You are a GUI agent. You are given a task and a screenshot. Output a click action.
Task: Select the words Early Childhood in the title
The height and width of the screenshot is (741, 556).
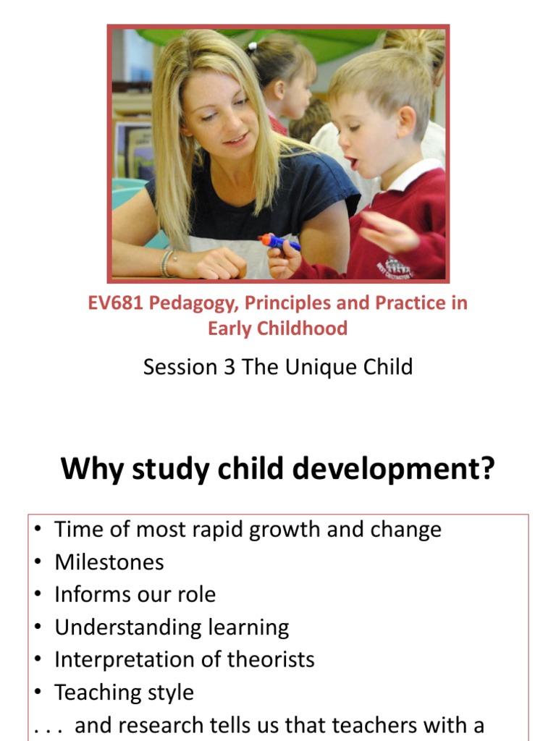(x=277, y=329)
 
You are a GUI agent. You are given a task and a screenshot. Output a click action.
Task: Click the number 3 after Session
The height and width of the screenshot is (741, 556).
(x=229, y=367)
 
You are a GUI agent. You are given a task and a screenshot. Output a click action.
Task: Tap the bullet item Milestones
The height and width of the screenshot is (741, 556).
(x=109, y=562)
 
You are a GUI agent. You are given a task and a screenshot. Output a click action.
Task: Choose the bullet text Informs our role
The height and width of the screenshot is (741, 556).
(x=135, y=595)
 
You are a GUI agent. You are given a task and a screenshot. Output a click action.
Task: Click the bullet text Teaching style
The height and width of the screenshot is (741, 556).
(x=124, y=693)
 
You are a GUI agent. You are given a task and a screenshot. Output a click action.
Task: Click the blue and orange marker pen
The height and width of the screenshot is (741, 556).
(x=279, y=242)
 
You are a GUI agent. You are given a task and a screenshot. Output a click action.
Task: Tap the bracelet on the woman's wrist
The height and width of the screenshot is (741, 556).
(x=167, y=263)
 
